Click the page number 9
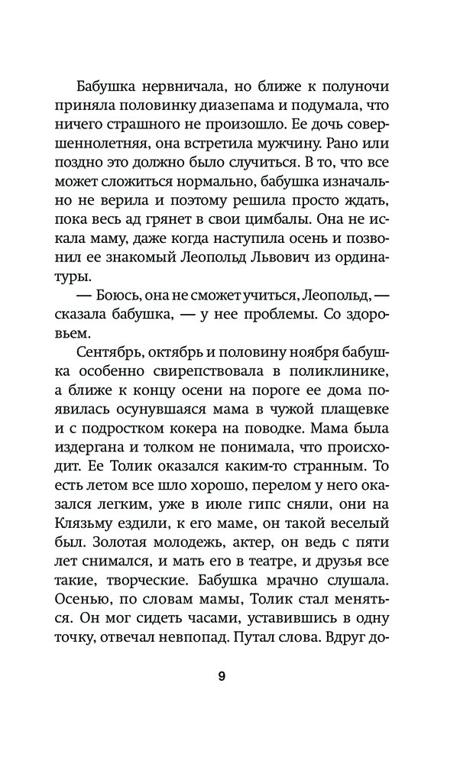[x=221, y=675]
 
